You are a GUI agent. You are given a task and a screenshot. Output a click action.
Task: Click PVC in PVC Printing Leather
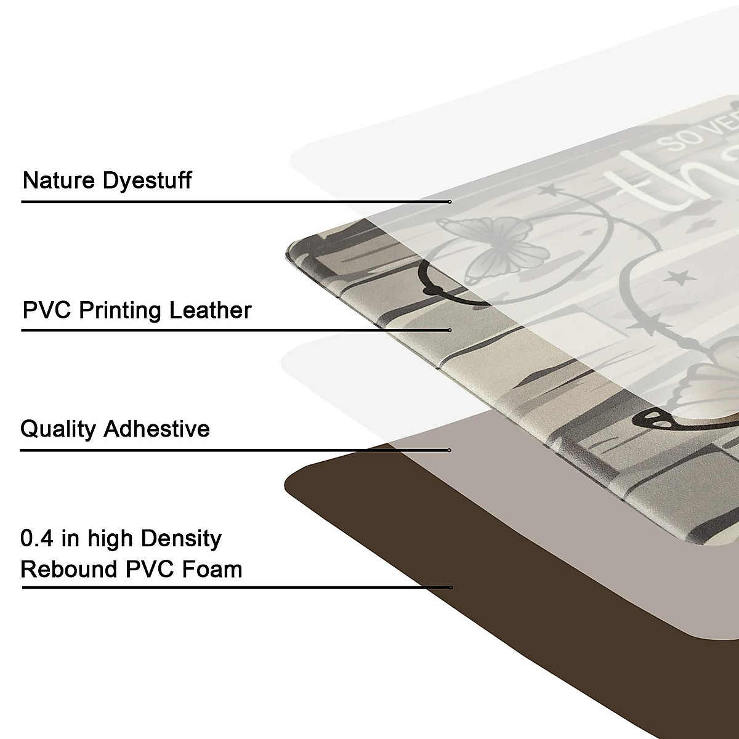point(44,310)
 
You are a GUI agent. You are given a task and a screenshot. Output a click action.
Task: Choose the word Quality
point(58,429)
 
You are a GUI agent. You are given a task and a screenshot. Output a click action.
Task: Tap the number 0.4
point(38,538)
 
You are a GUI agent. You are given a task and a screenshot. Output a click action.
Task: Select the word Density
point(180,539)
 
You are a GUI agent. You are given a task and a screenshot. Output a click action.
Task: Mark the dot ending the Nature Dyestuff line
point(450,202)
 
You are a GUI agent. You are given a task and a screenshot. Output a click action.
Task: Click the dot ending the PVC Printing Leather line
point(450,331)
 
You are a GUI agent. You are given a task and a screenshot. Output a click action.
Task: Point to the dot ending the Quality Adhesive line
point(450,450)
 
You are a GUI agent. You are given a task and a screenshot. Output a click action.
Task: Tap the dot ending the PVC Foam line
point(451,588)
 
